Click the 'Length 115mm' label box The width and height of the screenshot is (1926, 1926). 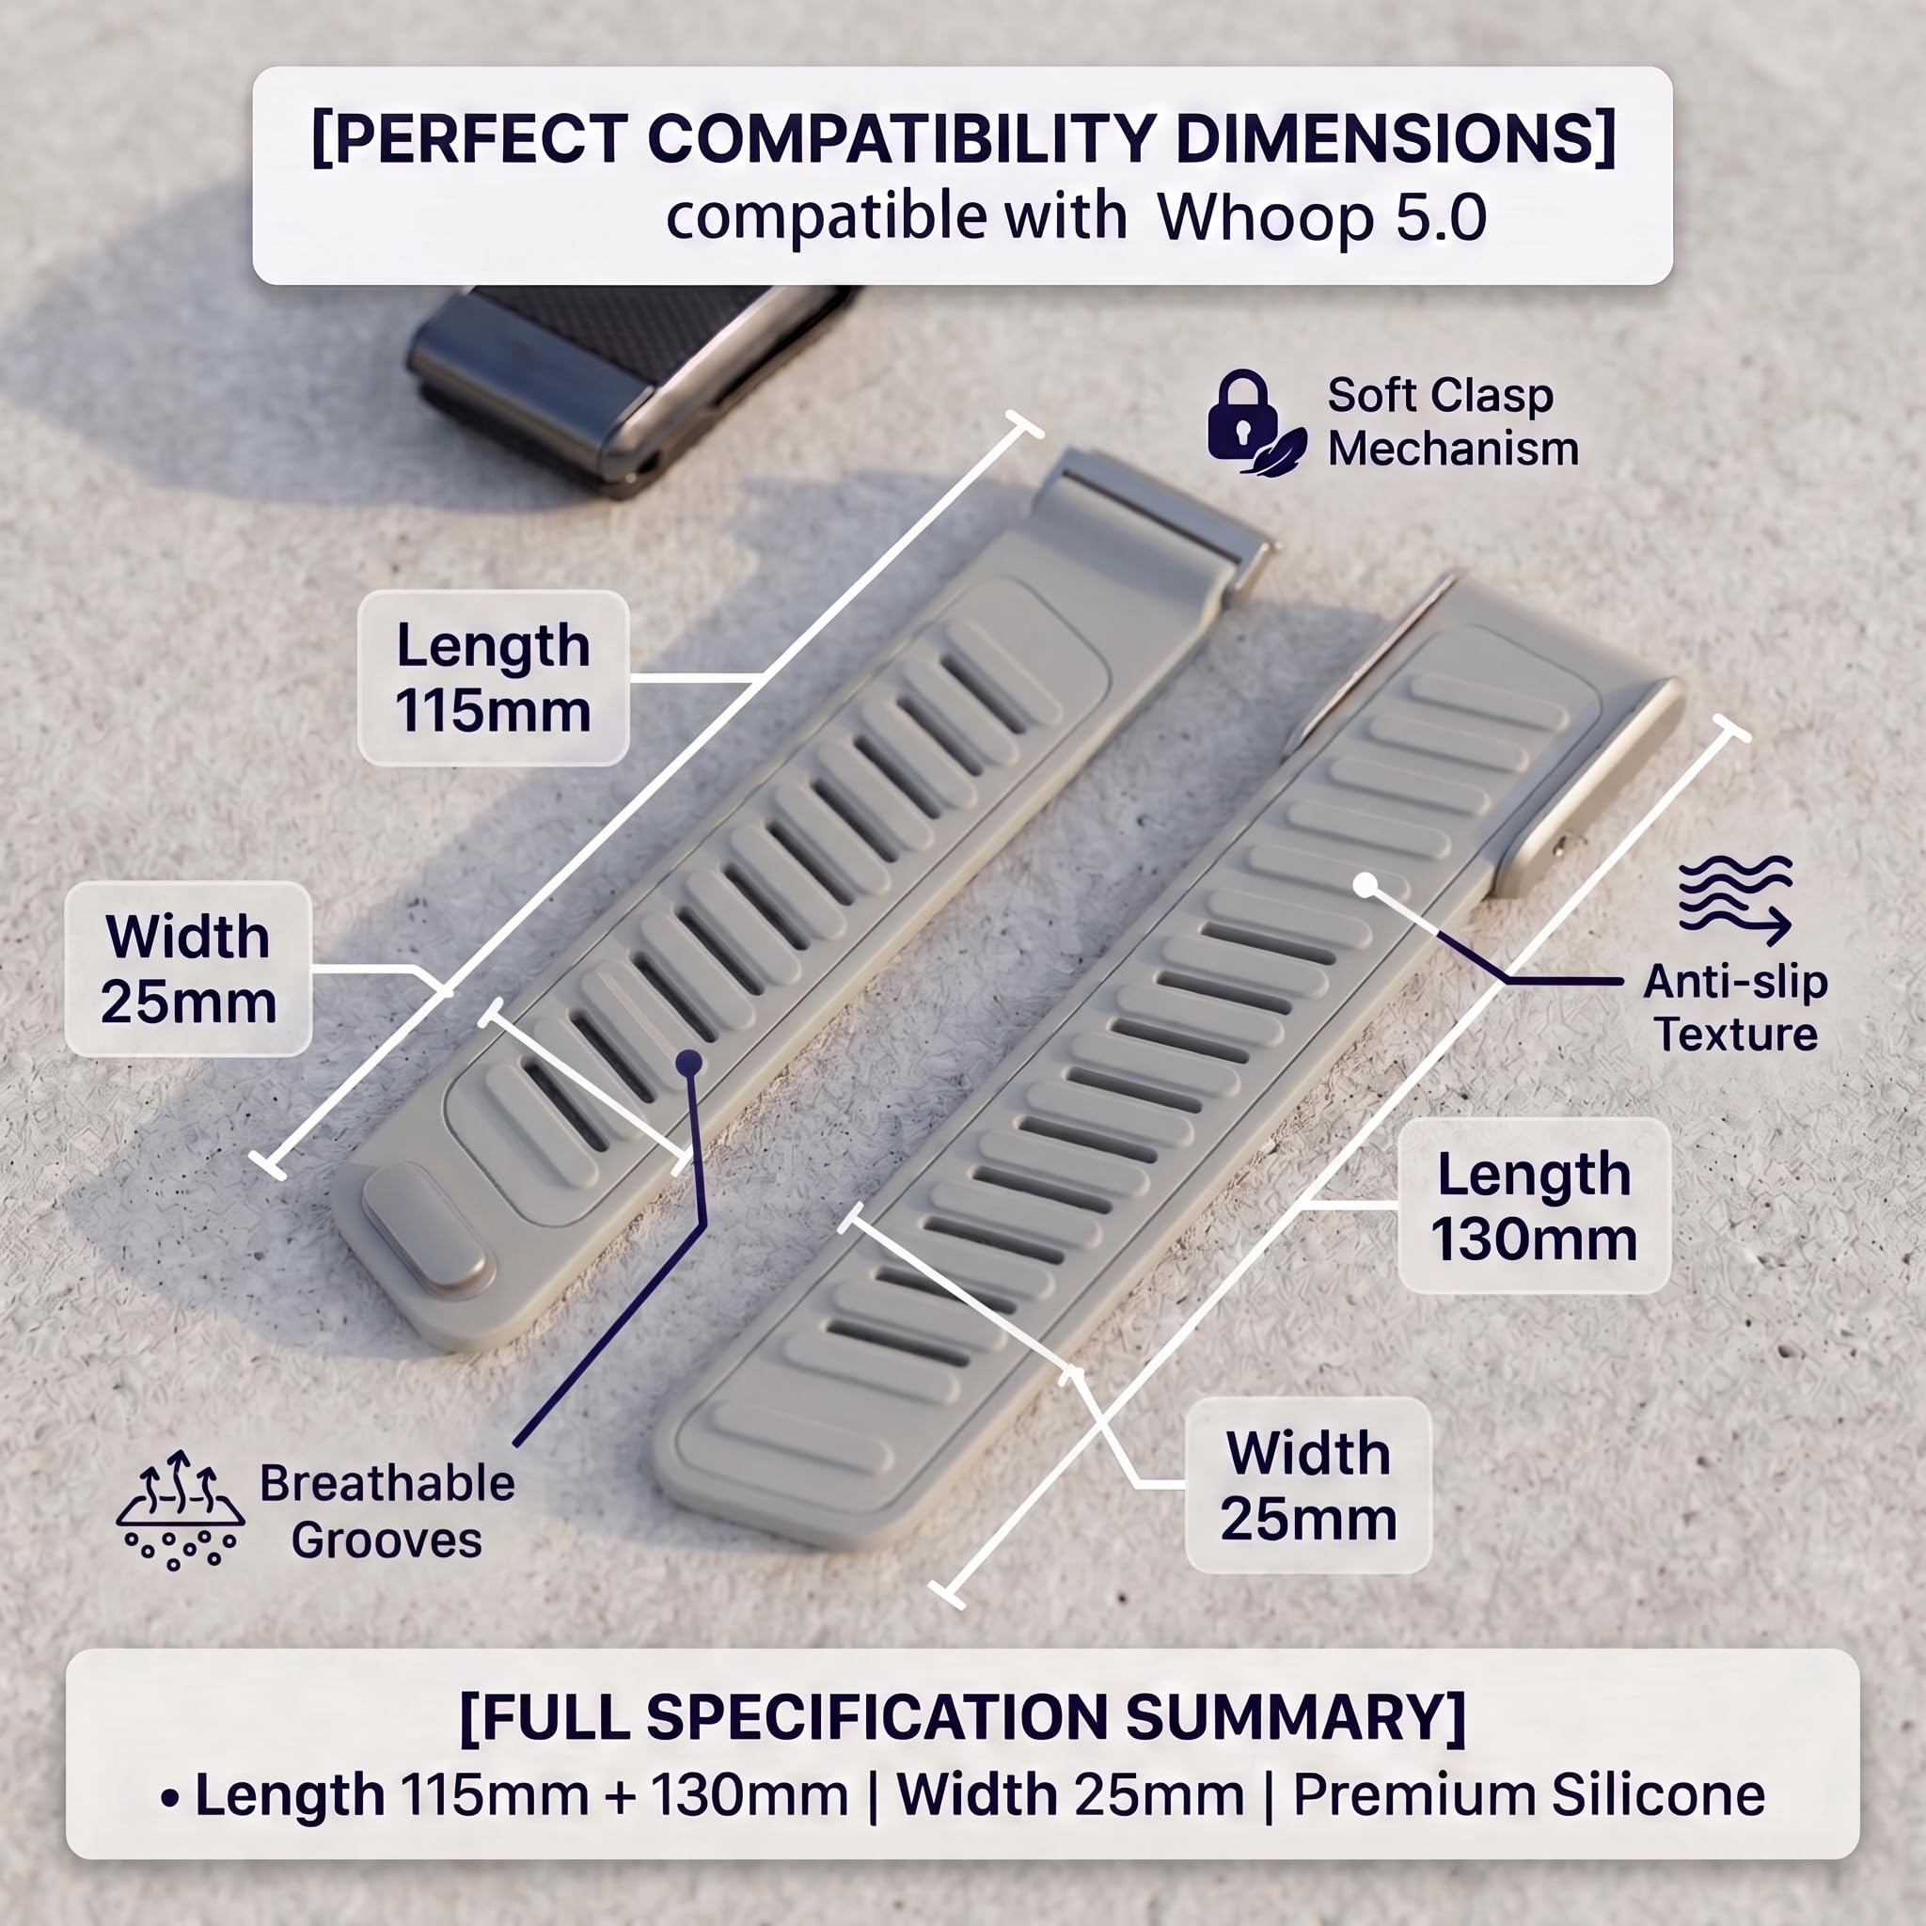493,678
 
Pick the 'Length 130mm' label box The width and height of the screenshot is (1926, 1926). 1533,1207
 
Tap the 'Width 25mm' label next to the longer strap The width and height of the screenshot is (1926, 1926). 1308,1485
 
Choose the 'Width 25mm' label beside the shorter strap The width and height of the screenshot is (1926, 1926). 188,969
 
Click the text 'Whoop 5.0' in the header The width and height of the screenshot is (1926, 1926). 1322,216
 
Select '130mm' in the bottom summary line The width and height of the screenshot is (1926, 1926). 750,1795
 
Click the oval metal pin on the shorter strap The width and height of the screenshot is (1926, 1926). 427,1228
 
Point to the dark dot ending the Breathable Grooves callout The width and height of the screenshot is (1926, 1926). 687,1063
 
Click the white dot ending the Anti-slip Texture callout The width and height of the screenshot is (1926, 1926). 1366,884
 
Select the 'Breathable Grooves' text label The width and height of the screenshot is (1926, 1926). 387,1511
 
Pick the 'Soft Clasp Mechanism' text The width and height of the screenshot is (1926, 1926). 1452,421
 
